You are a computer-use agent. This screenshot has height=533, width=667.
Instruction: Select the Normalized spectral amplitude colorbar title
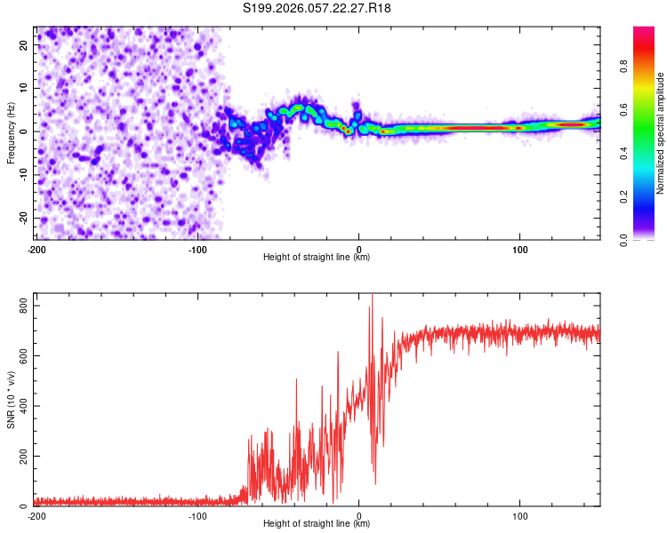(661, 133)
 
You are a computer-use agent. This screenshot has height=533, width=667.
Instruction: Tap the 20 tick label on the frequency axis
(25, 44)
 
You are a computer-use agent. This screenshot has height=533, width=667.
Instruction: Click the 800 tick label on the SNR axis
(21, 306)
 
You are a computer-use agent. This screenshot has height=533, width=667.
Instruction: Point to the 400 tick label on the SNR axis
(21, 406)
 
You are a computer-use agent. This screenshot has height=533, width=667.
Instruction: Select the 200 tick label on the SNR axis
(21, 457)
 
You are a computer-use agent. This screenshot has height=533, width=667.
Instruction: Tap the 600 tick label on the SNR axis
(21, 356)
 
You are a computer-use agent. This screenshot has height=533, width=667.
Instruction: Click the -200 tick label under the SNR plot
(36, 515)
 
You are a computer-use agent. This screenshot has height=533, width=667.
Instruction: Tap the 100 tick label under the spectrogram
(519, 249)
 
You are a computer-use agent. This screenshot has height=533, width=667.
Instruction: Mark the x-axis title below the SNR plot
(317, 524)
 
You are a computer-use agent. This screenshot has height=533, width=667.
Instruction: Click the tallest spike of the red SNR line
(372, 296)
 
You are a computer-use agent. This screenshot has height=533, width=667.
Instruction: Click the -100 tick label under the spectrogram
(197, 249)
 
